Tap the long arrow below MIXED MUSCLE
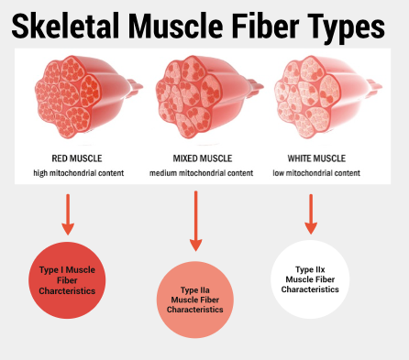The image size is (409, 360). pyautogui.click(x=194, y=220)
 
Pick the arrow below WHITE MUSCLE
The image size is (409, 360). pyautogui.click(x=311, y=213)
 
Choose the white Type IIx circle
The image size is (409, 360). pyautogui.click(x=311, y=278)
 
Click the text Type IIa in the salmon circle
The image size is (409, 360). pyautogui.click(x=195, y=289)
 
